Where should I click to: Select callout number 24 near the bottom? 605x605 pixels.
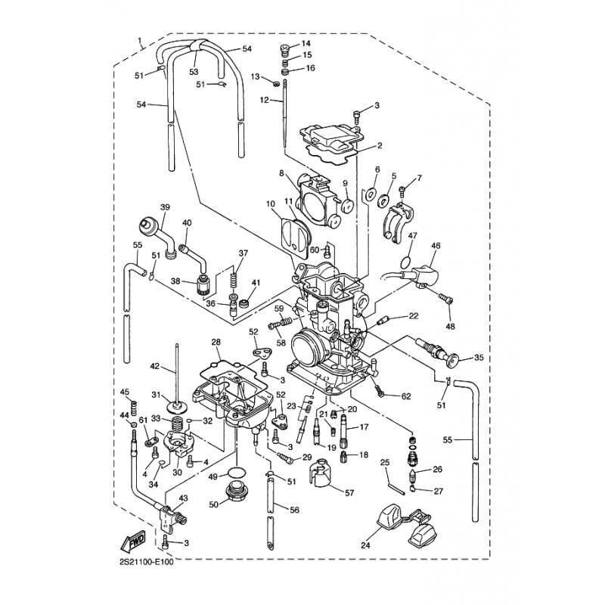(x=365, y=545)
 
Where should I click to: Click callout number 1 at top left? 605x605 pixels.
(x=140, y=40)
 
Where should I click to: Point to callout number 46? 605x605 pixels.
(x=436, y=246)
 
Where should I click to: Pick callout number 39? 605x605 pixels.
(x=165, y=207)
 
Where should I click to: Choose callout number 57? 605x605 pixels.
(x=349, y=493)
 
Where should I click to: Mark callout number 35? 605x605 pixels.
(x=479, y=358)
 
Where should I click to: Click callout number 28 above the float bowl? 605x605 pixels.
(x=216, y=342)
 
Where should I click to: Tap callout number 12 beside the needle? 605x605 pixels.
(x=264, y=100)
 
